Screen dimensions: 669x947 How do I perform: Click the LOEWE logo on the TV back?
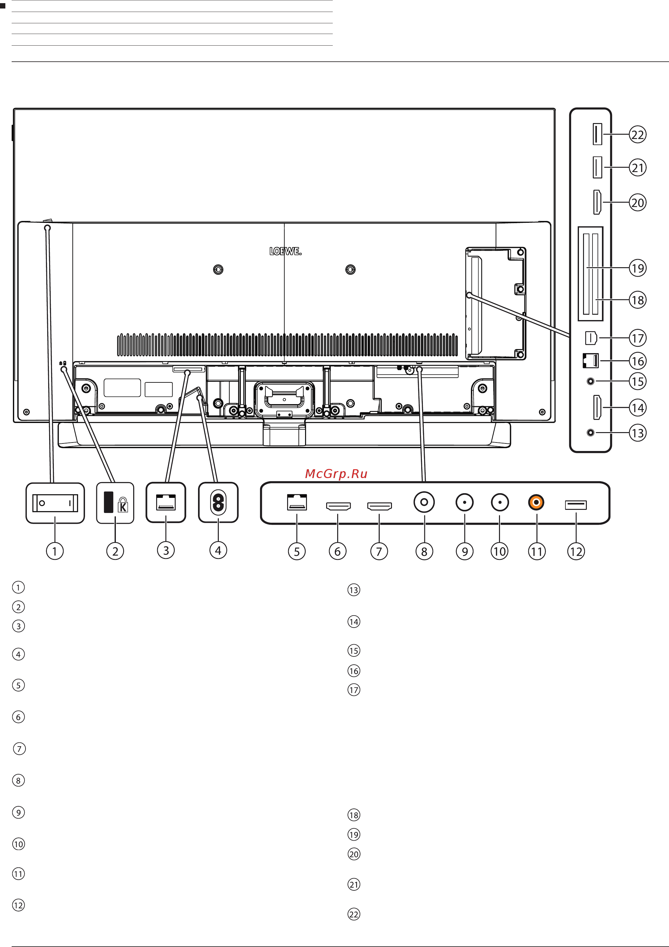coord(285,251)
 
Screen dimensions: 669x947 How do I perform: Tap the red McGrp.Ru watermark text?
coord(336,474)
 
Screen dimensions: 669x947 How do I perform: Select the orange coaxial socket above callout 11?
coord(536,502)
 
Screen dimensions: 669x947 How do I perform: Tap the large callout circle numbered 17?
coord(638,338)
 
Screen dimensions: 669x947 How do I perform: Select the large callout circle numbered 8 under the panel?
coord(424,551)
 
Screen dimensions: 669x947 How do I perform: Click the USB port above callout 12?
coord(576,505)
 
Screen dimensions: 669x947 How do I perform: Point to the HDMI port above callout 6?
coord(338,506)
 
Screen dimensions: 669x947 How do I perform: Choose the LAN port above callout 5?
coord(297,502)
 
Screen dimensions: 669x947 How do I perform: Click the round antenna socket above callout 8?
coord(424,502)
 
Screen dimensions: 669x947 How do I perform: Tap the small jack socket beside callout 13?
coord(591,433)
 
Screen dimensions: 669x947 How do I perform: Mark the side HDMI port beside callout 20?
coord(597,202)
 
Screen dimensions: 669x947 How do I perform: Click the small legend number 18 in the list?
coord(354,815)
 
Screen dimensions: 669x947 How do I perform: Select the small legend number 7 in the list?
coord(20,749)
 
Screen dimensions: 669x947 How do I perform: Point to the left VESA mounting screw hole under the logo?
coord(218,270)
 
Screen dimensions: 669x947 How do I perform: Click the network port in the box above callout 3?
coord(166,502)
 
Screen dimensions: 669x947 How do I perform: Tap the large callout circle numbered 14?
coord(638,408)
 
